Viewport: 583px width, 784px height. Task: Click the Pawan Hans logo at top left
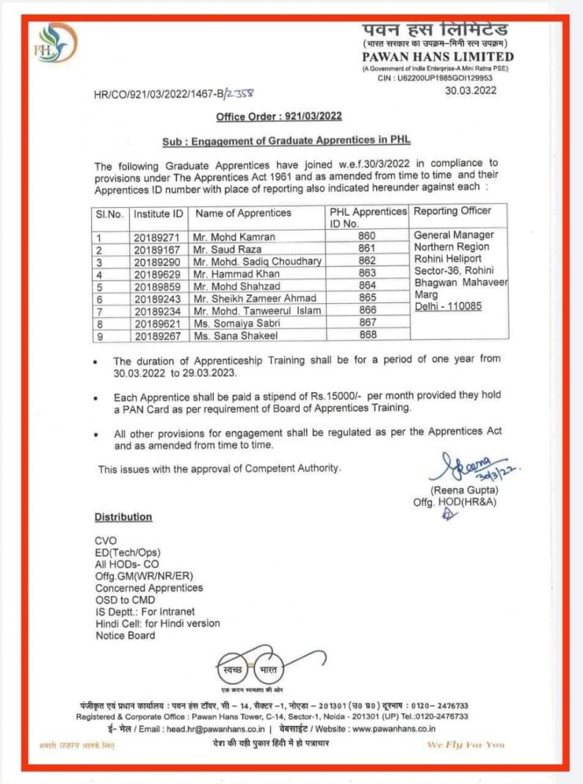tap(54, 43)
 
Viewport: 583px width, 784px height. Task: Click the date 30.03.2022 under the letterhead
tap(471, 91)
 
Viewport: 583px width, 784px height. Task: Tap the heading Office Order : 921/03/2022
tap(278, 117)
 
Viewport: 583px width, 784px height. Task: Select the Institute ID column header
tap(158, 214)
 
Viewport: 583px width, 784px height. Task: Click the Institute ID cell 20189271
tap(157, 236)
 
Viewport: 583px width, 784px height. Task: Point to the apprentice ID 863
tap(367, 273)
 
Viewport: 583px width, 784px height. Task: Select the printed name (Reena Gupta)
tap(464, 490)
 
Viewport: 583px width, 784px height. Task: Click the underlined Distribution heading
tap(123, 517)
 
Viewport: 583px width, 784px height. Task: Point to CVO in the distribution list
tap(106, 541)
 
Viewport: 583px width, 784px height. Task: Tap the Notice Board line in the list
tap(126, 636)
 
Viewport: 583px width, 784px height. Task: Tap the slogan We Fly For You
tap(466, 744)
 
